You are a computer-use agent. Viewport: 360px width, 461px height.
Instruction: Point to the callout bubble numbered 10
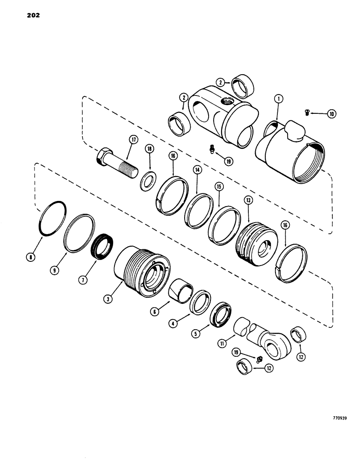[x=331, y=113]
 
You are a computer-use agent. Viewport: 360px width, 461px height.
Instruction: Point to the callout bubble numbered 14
[x=198, y=170]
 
